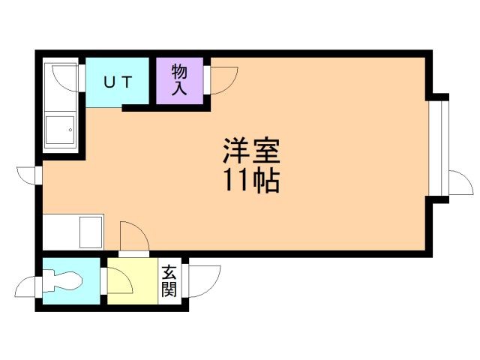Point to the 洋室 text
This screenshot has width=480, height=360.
[250, 152]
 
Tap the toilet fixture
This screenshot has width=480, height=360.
[64, 280]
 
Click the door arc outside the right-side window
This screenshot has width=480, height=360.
[457, 182]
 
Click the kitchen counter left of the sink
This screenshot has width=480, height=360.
[59, 232]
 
